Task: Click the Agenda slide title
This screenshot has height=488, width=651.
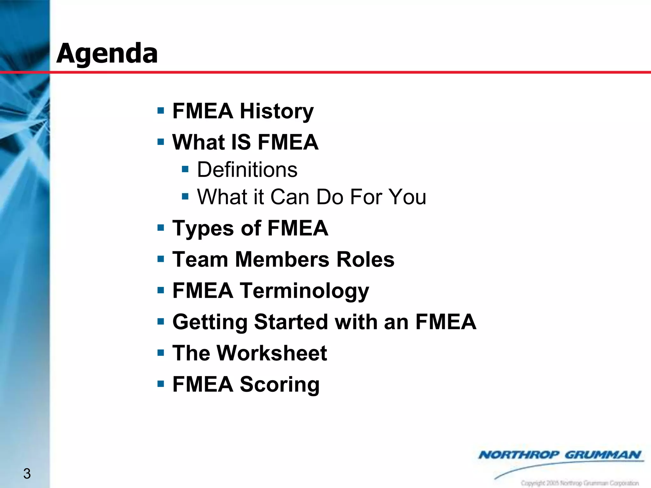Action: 107,53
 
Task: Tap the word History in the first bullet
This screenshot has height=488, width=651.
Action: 277,111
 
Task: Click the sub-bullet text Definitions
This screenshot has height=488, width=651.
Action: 247,169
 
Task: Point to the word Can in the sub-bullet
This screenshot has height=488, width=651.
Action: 290,197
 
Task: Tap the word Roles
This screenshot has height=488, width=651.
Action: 365,259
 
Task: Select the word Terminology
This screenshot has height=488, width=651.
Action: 304,291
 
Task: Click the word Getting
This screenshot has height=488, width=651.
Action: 209,322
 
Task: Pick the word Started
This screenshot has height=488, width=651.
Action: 291,322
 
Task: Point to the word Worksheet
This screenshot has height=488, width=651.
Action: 272,353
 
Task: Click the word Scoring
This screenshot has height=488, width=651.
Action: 279,384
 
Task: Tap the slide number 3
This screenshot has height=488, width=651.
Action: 27,474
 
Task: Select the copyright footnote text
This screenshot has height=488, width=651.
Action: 579,483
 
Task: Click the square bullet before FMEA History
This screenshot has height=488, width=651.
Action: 161,111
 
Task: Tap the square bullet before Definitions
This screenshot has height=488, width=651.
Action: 185,169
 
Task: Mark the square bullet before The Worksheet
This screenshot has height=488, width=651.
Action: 161,353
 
